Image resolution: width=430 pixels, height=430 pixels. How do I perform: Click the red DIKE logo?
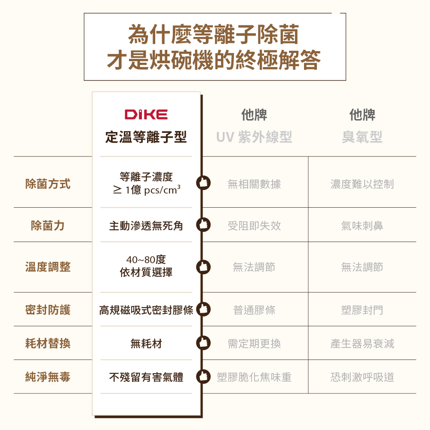point(146,114)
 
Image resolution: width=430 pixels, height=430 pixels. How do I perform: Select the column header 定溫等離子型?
point(146,138)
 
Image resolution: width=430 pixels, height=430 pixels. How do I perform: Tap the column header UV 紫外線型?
point(254,138)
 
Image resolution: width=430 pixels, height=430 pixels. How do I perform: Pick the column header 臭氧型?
point(362,138)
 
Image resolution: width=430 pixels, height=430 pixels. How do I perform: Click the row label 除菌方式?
point(48,184)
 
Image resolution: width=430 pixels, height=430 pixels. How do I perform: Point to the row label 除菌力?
point(48,226)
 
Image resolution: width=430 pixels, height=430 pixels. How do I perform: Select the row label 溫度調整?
point(48,267)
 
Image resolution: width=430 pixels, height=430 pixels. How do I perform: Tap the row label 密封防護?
point(48,310)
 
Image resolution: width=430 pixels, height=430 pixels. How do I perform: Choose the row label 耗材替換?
point(48,344)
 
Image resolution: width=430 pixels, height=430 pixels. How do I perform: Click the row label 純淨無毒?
point(48,377)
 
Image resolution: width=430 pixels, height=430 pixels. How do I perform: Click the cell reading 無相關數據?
point(254,184)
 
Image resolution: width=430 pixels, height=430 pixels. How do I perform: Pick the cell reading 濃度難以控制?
point(362,184)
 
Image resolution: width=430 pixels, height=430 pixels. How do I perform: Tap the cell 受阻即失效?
point(254,226)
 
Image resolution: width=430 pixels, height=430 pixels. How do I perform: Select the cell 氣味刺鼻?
point(362,226)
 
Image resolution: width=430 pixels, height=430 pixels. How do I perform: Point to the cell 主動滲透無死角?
point(146,226)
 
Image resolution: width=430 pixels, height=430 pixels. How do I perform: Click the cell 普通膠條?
point(254,310)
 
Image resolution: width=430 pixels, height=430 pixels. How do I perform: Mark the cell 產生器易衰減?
point(362,344)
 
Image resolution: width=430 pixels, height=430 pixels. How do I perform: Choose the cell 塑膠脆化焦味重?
point(254,377)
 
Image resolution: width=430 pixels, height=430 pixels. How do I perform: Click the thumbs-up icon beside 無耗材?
point(203,343)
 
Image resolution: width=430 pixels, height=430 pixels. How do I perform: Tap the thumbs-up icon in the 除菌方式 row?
point(203,183)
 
